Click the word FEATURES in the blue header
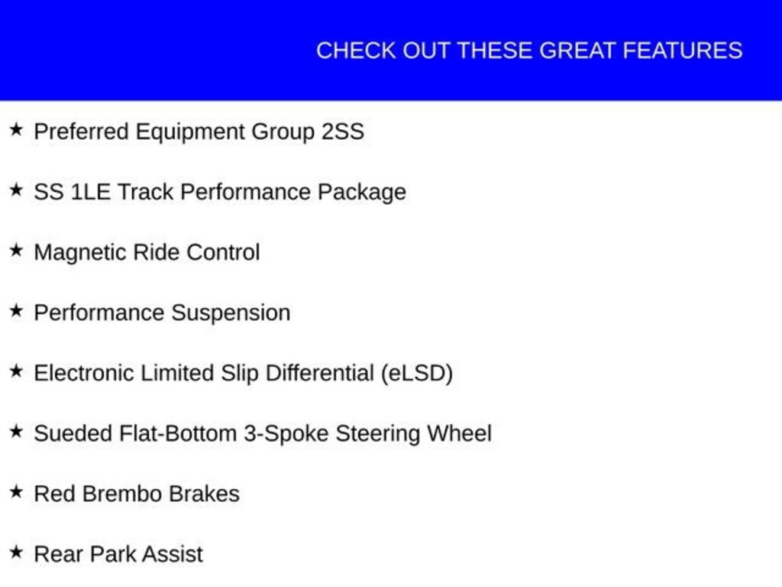(x=683, y=50)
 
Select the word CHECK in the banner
(x=356, y=50)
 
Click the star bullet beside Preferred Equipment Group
(x=17, y=130)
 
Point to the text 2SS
(x=343, y=131)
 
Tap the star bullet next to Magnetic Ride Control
(x=17, y=251)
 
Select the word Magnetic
(x=79, y=252)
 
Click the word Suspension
(x=231, y=313)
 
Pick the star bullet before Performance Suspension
(x=17, y=311)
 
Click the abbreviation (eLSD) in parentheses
(x=417, y=374)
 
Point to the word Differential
(x=320, y=373)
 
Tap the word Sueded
(x=73, y=433)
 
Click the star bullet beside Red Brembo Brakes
(x=17, y=492)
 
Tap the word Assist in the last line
(x=175, y=555)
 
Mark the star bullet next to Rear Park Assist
(x=17, y=553)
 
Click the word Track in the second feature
(x=145, y=192)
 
